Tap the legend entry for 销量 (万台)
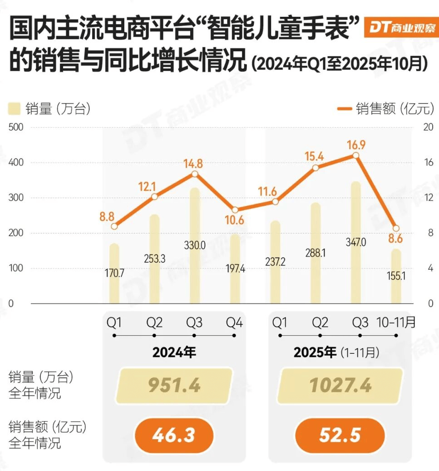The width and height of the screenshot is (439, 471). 49,109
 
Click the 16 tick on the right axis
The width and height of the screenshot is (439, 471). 428,163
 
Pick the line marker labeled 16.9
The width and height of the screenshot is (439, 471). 356,155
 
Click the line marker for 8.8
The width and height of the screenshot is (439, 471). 114,226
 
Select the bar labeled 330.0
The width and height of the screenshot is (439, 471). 194,227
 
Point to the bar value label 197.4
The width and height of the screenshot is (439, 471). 235,269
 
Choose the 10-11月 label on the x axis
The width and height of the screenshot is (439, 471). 396,322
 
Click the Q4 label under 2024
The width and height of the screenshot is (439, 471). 235,322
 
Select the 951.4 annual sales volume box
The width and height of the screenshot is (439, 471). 174,386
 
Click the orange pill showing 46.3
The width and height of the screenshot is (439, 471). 174,435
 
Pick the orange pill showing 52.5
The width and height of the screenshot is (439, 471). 340,435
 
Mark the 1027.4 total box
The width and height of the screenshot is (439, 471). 340,386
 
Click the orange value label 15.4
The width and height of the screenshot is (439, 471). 315,157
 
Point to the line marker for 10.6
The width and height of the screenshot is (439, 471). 235,210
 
